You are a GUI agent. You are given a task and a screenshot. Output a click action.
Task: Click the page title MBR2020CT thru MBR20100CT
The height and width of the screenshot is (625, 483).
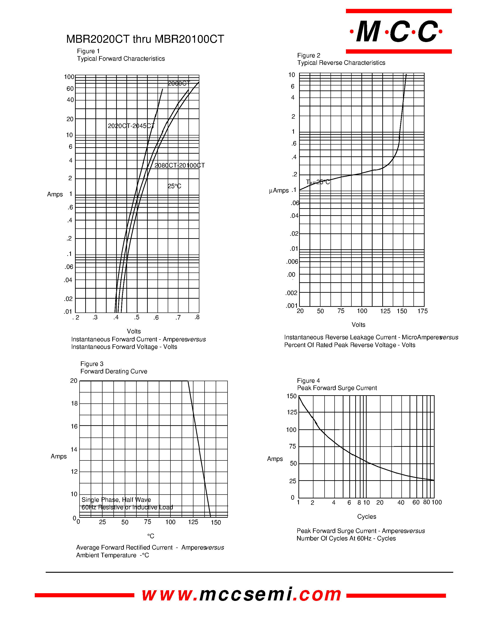point(145,39)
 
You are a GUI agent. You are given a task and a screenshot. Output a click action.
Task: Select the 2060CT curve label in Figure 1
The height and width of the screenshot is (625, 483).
point(179,83)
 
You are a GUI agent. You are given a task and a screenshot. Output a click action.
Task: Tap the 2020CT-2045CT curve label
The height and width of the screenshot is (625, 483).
point(131,126)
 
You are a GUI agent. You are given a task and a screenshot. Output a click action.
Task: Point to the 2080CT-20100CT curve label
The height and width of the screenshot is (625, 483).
point(179,165)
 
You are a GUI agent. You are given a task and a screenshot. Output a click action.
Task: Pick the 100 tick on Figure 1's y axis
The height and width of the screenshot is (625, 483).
point(69,77)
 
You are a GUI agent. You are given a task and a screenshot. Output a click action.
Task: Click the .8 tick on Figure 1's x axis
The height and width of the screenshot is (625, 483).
point(197,317)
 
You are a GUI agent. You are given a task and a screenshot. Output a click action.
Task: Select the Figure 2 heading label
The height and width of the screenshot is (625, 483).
point(308,55)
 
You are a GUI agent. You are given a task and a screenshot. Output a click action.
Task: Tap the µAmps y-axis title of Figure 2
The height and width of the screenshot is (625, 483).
point(278,191)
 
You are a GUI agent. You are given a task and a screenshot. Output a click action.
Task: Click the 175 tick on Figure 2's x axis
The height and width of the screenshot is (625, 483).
point(422,311)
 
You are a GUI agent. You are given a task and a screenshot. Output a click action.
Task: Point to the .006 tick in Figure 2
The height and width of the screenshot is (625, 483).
point(292,262)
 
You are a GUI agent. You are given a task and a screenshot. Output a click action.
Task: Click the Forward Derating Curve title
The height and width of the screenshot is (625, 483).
point(114,371)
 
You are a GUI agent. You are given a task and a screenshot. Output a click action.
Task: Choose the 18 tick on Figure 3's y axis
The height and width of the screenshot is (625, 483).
point(74,403)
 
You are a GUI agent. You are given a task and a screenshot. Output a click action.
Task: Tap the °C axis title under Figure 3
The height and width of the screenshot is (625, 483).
point(150,536)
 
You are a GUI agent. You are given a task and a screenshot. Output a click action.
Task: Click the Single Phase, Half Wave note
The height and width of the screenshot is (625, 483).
point(116,500)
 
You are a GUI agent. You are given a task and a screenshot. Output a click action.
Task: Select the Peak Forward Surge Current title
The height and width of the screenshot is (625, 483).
point(337,388)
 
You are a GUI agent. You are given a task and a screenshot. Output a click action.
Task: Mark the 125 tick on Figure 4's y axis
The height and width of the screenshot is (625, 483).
point(292,412)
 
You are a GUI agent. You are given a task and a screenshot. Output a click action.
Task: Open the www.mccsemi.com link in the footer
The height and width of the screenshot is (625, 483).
point(241,595)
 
